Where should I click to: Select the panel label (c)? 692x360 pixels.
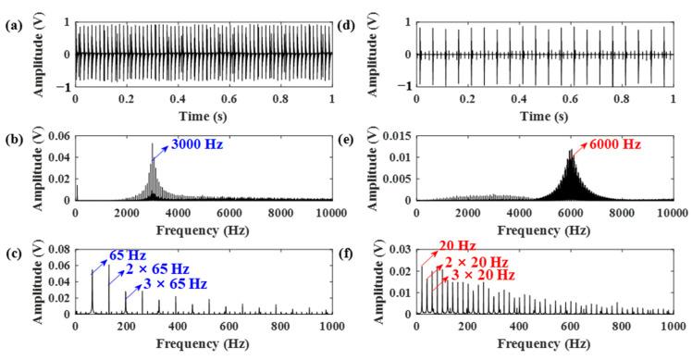coord(12,249)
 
